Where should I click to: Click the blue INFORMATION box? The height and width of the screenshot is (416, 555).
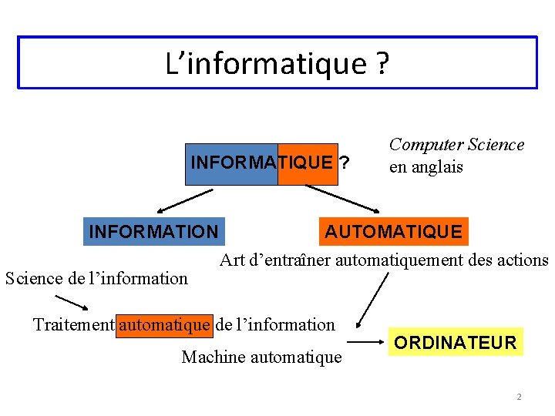153,231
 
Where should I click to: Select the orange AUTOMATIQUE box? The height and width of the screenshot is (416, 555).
393,231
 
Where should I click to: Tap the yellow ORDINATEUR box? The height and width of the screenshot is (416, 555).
454,343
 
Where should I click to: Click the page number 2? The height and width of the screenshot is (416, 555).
519,397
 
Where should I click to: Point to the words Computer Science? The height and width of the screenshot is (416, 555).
456,145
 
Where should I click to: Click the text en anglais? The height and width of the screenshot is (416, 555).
425,166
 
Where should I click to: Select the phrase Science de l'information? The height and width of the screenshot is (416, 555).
96,278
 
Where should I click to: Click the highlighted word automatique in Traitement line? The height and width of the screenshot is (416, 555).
164,324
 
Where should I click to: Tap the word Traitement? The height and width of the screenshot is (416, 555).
73,324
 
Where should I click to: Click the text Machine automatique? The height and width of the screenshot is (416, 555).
261,357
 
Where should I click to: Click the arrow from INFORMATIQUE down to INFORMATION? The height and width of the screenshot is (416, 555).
185,200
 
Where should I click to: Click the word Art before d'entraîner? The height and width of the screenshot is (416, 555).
233,260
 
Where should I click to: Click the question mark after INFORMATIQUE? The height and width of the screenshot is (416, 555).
344,163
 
